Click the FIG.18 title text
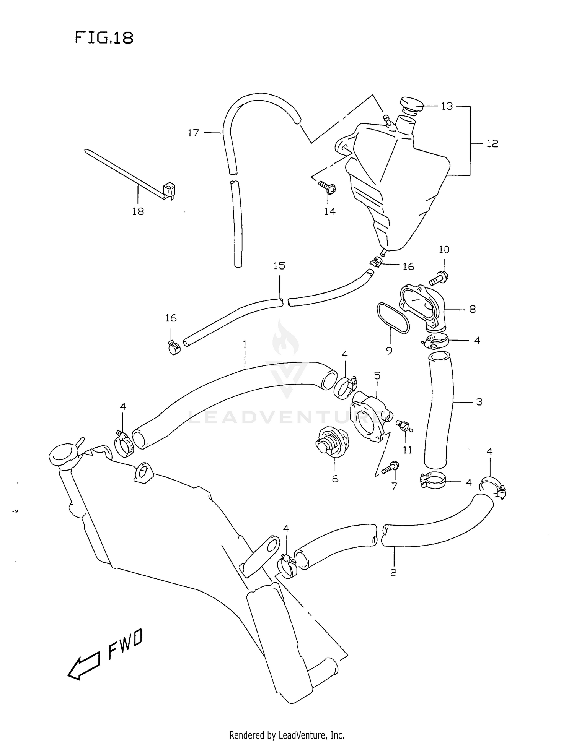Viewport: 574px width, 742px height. tap(104, 38)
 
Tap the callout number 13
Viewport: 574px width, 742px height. tap(447, 106)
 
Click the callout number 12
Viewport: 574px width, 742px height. tap(492, 144)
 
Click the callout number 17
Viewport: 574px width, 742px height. tap(193, 133)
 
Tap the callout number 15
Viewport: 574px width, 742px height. tap(279, 265)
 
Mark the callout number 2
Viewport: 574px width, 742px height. tap(393, 573)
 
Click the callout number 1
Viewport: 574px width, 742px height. tap(245, 344)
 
